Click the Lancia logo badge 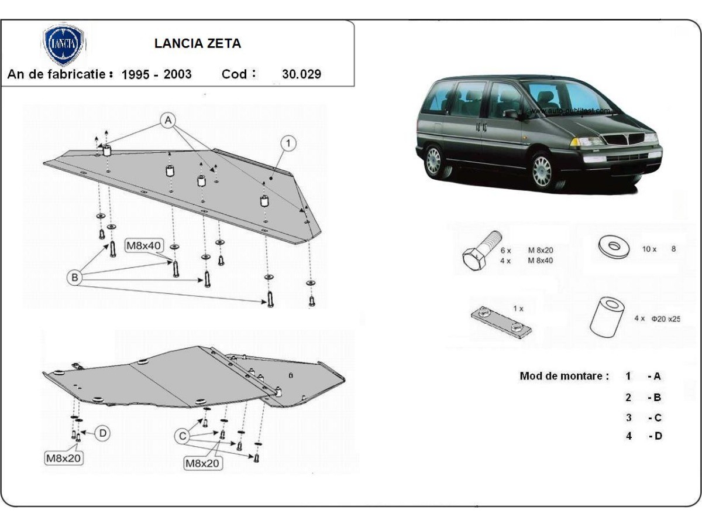pyautogui.click(x=64, y=45)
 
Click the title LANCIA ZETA pyautogui.click(x=197, y=43)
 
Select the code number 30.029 pyautogui.click(x=301, y=74)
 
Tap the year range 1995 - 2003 pyautogui.click(x=156, y=74)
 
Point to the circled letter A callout pyautogui.click(x=168, y=121)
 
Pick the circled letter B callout pyautogui.click(x=74, y=278)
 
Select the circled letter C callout pyautogui.click(x=183, y=436)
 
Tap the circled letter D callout pyautogui.click(x=102, y=433)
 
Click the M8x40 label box pyautogui.click(x=144, y=246)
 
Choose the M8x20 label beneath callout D pyautogui.click(x=64, y=458)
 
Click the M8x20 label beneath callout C pyautogui.click(x=203, y=463)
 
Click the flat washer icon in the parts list pyautogui.click(x=612, y=247)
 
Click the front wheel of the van pyautogui.click(x=542, y=170)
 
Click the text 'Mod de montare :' pyautogui.click(x=564, y=376)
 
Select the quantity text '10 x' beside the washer pyautogui.click(x=649, y=249)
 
